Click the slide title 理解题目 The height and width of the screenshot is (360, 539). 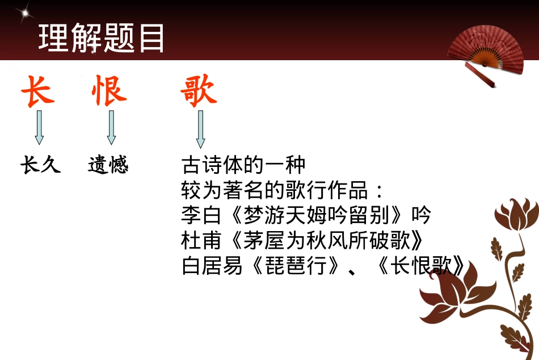pos(102,39)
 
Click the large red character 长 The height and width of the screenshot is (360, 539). pos(38,91)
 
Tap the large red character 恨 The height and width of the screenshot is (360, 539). pos(109,91)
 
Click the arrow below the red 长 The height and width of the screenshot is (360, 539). pos(39,127)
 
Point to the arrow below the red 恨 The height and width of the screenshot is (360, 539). pos(111,127)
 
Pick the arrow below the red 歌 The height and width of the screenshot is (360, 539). pos(200,129)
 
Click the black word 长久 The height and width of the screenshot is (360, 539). pos(40,165)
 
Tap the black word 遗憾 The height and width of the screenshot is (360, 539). pos(108,165)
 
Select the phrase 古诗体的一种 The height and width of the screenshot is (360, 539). pos(243,165)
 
